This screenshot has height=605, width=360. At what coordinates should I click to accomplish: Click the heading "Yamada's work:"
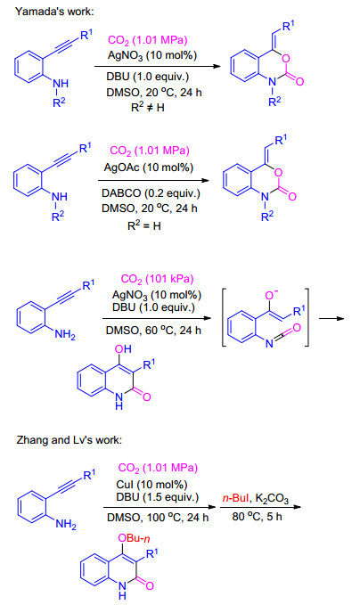pyautogui.click(x=54, y=12)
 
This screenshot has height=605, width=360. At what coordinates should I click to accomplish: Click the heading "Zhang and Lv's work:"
pyautogui.click(x=70, y=440)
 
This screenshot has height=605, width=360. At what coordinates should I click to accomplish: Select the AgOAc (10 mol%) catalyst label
pyautogui.click(x=149, y=168)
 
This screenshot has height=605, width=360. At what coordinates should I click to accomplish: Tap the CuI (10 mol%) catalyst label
pyautogui.click(x=151, y=485)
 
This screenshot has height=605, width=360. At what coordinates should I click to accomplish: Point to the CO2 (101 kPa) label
pyautogui.click(x=158, y=279)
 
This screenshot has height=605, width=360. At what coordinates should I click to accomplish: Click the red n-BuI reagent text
pyautogui.click(x=235, y=498)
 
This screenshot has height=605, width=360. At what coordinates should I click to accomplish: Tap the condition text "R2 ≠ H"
pyautogui.click(x=148, y=107)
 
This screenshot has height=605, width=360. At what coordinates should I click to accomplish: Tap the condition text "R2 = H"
pyautogui.click(x=144, y=225)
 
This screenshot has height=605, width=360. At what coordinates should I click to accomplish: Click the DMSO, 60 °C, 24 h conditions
pyautogui.click(x=153, y=331)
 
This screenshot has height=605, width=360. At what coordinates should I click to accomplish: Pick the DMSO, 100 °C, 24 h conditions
pyautogui.click(x=158, y=518)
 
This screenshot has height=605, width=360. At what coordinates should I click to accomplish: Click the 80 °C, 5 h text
pyautogui.click(x=257, y=516)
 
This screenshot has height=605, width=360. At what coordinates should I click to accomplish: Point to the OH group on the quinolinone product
pyautogui.click(x=123, y=348)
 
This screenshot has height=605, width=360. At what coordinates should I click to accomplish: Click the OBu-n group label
pyautogui.click(x=134, y=538)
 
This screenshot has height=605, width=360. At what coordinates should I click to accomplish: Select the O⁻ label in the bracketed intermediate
pyautogui.click(x=271, y=296)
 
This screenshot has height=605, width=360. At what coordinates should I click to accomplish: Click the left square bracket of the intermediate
pyautogui.click(x=224, y=317)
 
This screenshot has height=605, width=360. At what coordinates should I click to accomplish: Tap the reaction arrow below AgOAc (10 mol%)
pyautogui.click(x=153, y=180)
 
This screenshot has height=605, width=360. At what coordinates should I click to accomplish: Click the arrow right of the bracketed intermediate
pyautogui.click(x=331, y=319)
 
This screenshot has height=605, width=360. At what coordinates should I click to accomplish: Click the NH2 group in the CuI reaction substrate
pyautogui.click(x=66, y=524)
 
